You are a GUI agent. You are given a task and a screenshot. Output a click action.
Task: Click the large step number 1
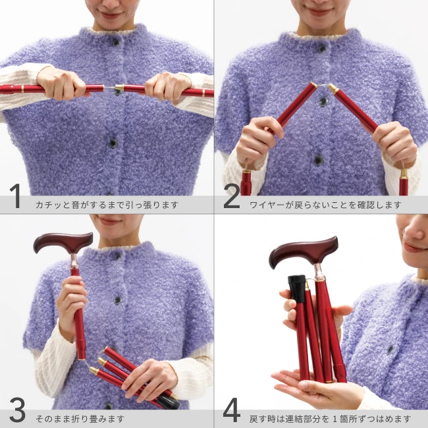click(x=16, y=196)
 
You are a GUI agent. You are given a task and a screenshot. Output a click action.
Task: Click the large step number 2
click(x=232, y=196)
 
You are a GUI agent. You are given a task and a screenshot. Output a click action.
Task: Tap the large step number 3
click(x=17, y=410)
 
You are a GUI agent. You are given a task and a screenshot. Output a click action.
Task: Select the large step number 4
click(x=232, y=410)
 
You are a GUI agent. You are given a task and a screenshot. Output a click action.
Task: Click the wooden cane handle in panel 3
click(x=63, y=242)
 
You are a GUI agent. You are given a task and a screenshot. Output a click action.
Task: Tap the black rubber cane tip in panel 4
click(x=297, y=288)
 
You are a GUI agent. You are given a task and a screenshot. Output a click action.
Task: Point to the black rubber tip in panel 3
click(x=167, y=402)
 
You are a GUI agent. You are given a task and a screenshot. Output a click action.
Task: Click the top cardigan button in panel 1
click(x=116, y=42)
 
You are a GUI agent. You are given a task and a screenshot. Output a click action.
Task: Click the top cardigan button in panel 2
click(x=323, y=49)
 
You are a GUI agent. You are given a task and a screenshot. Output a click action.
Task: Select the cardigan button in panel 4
click(x=390, y=349)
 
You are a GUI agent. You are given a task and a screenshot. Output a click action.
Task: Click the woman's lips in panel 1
click(x=111, y=15)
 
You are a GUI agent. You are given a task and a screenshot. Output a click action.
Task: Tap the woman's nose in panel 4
click(x=412, y=232)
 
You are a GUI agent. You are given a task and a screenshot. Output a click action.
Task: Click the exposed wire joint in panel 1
click(x=109, y=88)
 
